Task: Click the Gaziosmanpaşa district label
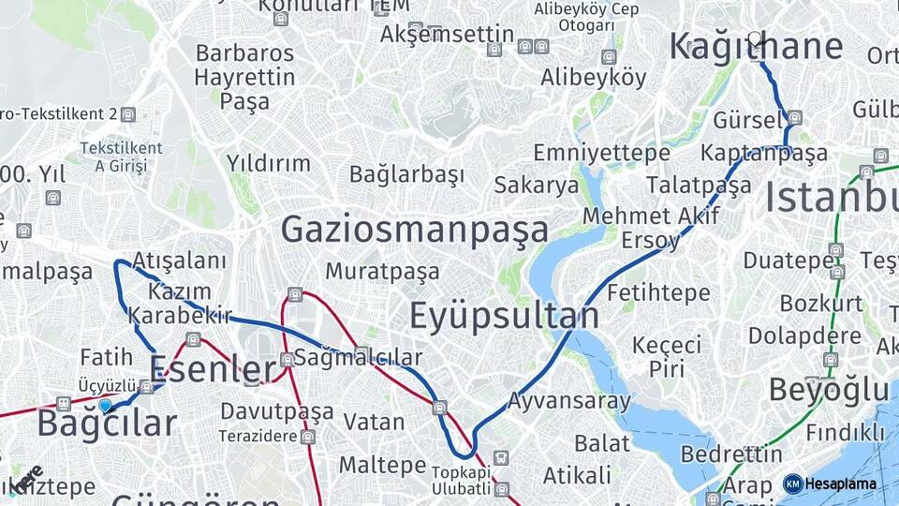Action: [x=414, y=230]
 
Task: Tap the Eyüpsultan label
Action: [x=504, y=317]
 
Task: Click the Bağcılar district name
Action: [x=106, y=424]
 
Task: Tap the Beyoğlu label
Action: [x=828, y=390]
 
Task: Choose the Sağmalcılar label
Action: [x=358, y=358]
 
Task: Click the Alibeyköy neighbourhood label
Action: [x=593, y=78]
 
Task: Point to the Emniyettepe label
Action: [x=601, y=153]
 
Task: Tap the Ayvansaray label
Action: [x=568, y=402]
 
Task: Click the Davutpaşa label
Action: [x=276, y=411]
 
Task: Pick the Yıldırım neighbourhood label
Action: [x=268, y=163]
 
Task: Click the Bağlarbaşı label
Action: [x=406, y=174]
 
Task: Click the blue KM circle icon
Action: [x=793, y=484]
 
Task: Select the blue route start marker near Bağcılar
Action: [x=105, y=406]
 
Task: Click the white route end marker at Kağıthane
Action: [x=755, y=38]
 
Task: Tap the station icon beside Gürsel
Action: [x=795, y=118]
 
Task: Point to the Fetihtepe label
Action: [x=658, y=293]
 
